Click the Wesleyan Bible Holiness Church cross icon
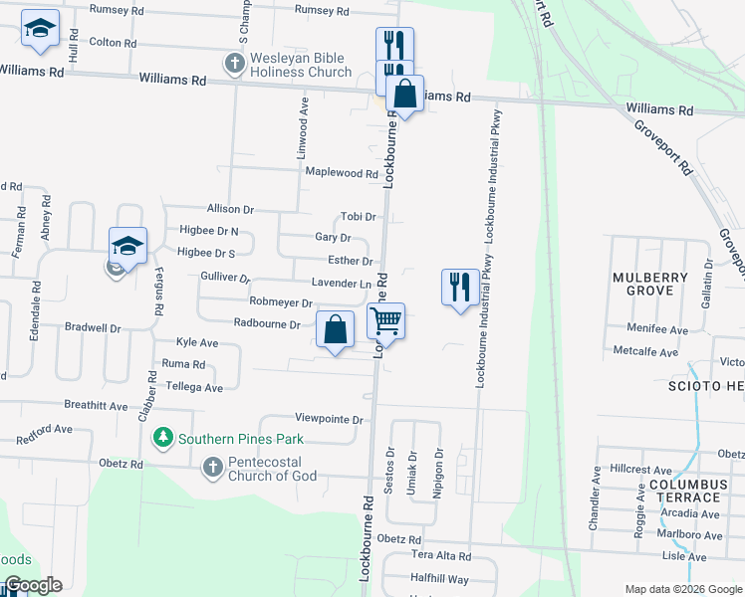coord(234,64)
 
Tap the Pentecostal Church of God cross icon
coord(211,467)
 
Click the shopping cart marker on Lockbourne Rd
coord(385,321)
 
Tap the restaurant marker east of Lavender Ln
coord(458,287)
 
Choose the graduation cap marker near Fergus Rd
coord(127,245)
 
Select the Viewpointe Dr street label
coord(329,419)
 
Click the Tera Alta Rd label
coord(440,555)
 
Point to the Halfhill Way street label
coord(439,578)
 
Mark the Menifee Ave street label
coord(657,329)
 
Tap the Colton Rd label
coord(113,43)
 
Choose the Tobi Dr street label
coord(358,216)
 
